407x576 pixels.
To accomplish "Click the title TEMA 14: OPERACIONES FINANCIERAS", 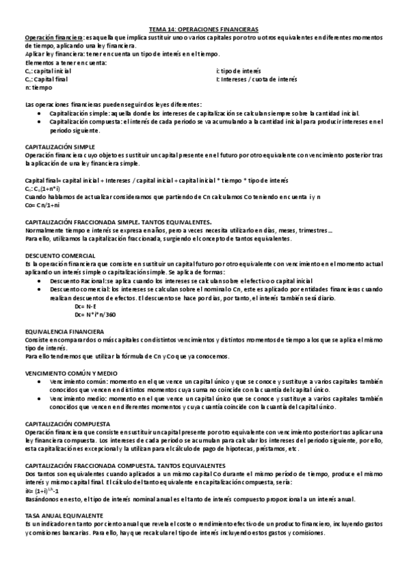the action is coord(203,30).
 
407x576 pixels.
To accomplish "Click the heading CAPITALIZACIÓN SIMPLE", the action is coord(60,147).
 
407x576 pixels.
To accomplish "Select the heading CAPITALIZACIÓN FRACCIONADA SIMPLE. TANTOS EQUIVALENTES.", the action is coord(118,221).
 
